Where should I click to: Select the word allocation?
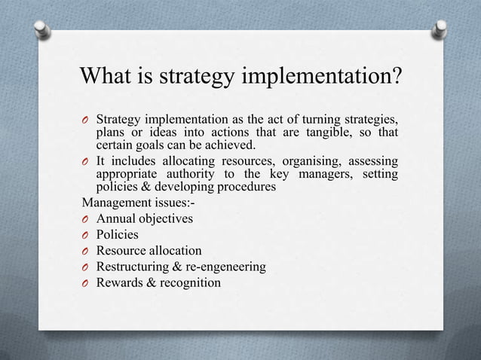[173, 250]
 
